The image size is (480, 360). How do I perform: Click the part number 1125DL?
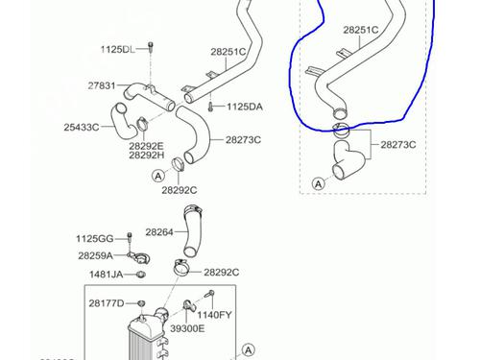[x=118, y=48]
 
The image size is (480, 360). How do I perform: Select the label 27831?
[x=102, y=85]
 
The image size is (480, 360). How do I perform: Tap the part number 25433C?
[x=84, y=126]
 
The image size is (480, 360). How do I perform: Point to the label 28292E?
[x=147, y=145]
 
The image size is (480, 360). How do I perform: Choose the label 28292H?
[x=147, y=155]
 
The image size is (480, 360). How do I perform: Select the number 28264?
[x=159, y=231]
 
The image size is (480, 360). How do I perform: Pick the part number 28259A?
[x=95, y=256]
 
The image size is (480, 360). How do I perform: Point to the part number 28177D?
[x=107, y=303]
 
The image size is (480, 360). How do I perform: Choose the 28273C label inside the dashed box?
[x=397, y=145]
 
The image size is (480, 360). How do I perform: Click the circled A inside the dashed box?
[x=318, y=182]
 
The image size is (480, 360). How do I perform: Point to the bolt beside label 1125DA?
[x=209, y=107]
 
